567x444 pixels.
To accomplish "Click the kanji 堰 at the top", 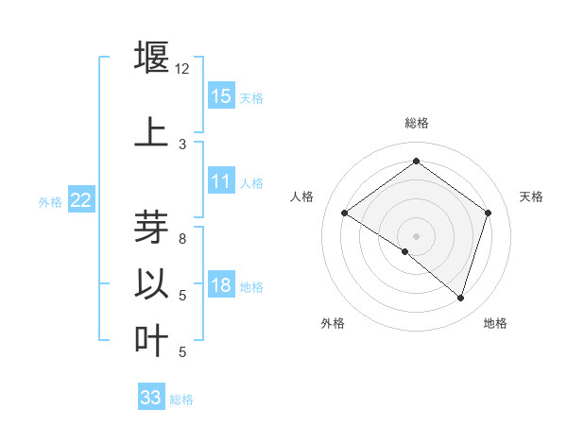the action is point(151,58).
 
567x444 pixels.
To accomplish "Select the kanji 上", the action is point(151,131).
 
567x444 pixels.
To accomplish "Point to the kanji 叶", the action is point(151,340).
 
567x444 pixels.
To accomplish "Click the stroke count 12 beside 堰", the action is point(182,69).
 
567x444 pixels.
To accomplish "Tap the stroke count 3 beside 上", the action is point(182,145).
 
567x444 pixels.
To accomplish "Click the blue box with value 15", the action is point(221,95).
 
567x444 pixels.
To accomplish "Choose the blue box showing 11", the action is point(221,181).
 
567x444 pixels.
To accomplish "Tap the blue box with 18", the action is point(221,285).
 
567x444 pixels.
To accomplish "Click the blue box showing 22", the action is point(81,199).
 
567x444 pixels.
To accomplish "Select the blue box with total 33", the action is point(151,398).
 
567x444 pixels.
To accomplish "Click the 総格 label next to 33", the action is point(181,400).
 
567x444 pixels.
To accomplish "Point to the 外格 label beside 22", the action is point(50,201).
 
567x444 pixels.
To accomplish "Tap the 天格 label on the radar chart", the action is point(531,196).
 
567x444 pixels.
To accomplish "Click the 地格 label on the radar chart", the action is point(495,323).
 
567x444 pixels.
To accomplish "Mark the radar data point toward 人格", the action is point(344,213).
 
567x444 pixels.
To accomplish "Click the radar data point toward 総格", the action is point(416,161).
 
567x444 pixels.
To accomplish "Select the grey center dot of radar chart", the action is point(416,235).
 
